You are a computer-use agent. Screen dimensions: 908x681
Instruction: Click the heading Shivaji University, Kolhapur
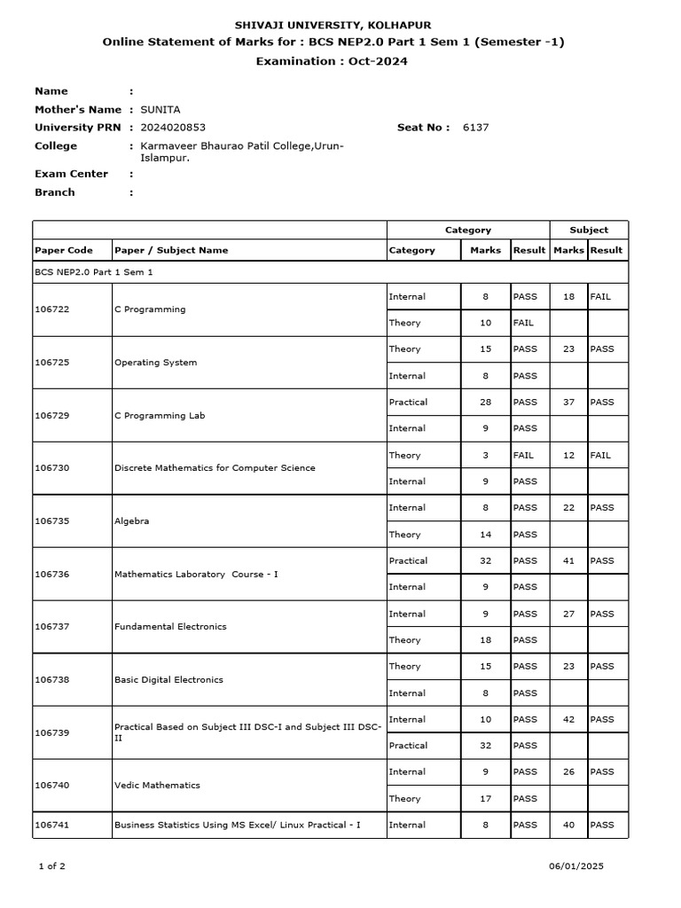333,26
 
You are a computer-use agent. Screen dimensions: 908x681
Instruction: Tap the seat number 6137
475,128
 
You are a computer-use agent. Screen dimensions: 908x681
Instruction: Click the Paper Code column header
63,250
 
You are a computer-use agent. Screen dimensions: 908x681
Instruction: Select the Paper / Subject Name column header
171,250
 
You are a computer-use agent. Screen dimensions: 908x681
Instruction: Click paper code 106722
51,309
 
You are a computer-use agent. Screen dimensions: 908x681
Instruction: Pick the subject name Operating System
156,363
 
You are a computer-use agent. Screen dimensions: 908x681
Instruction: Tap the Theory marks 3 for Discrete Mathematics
485,455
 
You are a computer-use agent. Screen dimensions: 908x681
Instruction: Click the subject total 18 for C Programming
568,296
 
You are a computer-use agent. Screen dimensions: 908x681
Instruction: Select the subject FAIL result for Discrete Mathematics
600,455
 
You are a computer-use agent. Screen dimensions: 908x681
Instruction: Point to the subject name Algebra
131,521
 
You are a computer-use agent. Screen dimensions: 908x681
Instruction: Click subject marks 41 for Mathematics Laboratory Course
568,560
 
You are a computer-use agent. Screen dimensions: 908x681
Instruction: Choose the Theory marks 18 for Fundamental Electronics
485,640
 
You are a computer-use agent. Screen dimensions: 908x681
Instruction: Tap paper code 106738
51,680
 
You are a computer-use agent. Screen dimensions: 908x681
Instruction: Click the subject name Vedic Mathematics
157,786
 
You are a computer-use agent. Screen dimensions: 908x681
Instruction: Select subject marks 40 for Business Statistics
568,825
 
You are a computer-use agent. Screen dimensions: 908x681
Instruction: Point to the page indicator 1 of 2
53,866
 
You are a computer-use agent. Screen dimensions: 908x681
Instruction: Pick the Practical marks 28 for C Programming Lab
485,402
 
